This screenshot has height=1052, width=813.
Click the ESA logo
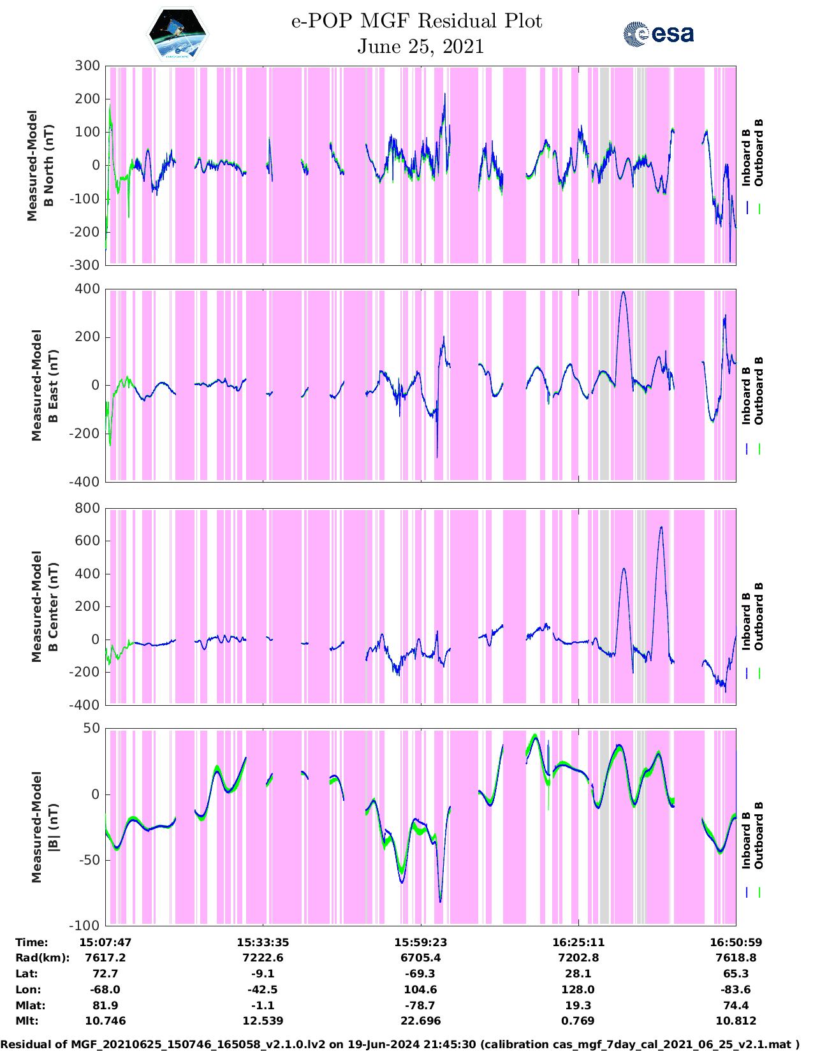[658, 34]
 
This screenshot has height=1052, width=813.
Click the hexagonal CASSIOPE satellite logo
[177, 34]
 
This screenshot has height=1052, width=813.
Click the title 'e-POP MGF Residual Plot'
[416, 21]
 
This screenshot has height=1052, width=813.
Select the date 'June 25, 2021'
[420, 47]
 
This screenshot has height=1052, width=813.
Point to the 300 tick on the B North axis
[87, 66]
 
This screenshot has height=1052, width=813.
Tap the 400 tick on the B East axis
[87, 289]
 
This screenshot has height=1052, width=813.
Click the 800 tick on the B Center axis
[87, 508]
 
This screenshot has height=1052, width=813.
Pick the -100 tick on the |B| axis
[85, 925]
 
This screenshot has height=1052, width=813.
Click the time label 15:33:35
[263, 942]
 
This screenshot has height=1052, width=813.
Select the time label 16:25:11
[578, 942]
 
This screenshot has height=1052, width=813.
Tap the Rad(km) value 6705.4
[420, 958]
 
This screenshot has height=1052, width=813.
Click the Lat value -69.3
[420, 974]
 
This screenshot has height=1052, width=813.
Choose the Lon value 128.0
[578, 990]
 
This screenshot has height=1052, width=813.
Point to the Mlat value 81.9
[105, 1005]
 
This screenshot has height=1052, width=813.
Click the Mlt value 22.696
[420, 1021]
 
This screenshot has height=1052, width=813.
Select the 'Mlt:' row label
[27, 1021]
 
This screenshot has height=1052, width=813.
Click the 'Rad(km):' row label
[42, 958]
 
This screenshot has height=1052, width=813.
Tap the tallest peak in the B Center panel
[661, 527]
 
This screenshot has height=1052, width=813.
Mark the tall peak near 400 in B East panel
[623, 292]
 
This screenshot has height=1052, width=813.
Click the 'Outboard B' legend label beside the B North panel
[759, 153]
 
